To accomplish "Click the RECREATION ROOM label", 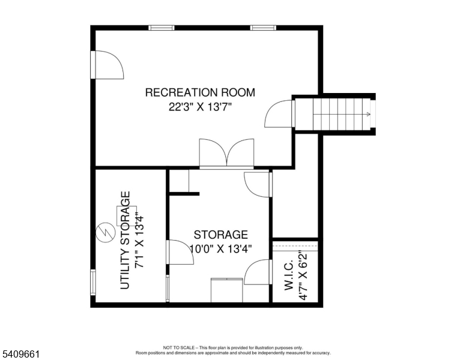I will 200,92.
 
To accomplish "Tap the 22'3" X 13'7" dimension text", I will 200,108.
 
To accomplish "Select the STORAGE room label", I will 220,235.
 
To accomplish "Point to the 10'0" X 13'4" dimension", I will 220,248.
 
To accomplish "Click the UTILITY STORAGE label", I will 126,240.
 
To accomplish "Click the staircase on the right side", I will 342,114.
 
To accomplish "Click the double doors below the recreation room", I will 226,153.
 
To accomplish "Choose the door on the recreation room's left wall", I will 107,65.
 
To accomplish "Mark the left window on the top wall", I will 162,28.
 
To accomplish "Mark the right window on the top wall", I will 264,28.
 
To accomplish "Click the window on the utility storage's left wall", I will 93,282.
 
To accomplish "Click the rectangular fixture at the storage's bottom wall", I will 226,290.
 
